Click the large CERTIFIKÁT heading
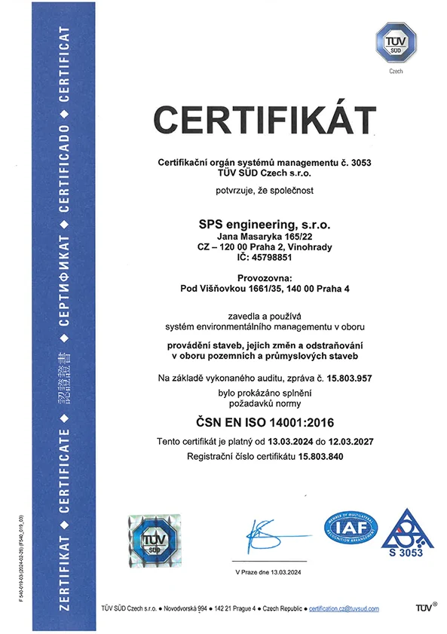[265, 121]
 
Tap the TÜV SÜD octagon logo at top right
[394, 43]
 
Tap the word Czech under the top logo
[395, 72]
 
